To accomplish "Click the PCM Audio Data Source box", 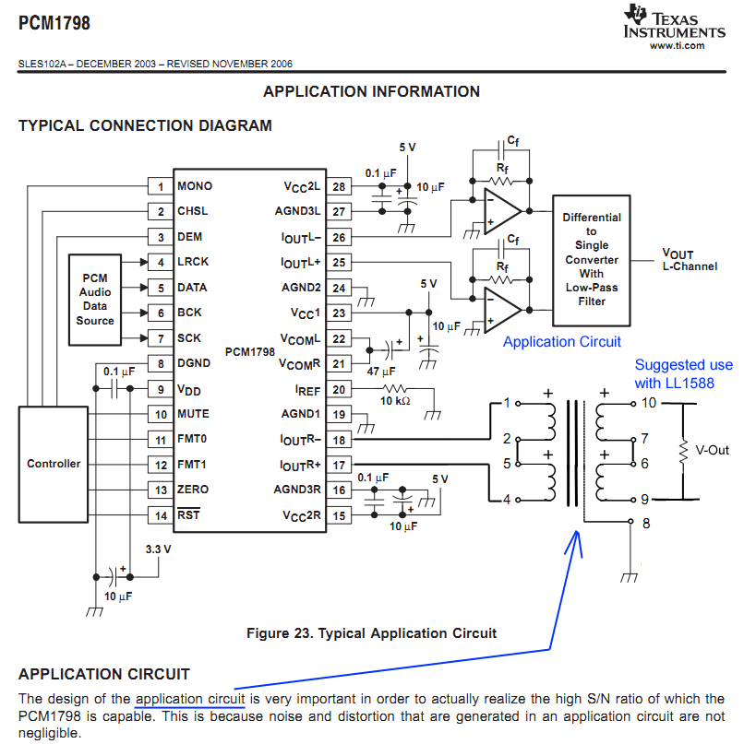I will point(95,299).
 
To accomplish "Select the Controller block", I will point(54,464).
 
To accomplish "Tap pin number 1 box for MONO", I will point(160,186).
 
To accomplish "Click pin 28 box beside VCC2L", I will point(338,186).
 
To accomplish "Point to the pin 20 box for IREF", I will point(338,389).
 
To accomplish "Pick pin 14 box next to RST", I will point(160,514).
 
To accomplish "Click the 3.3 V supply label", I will point(159,549).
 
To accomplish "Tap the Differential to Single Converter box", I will point(592,259).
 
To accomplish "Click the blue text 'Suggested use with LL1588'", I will point(683,374).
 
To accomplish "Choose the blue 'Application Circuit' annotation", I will point(561,341).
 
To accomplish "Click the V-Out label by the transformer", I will point(712,451).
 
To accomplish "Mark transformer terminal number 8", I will point(645,523).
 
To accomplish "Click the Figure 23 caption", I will point(371,632).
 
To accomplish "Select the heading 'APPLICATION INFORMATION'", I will point(371,91).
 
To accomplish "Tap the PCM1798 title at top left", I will point(54,23).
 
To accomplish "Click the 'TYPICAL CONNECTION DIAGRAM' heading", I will point(145,125).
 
